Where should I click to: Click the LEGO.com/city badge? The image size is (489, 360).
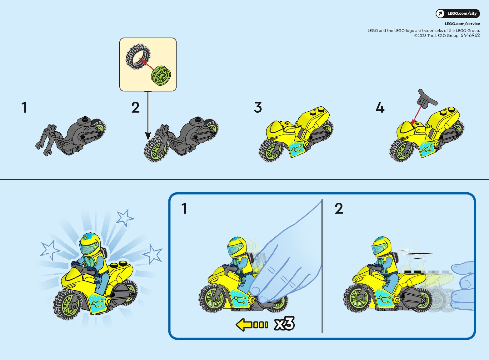pos(457,13)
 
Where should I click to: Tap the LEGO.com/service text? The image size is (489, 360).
pos(462,23)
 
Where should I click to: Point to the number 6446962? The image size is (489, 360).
pos(470,35)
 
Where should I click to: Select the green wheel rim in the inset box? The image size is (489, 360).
pos(161,76)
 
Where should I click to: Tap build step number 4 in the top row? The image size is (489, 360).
pos(380,107)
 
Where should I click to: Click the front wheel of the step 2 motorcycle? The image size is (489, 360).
pos(156,149)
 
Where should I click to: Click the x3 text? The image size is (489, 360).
pos(284,323)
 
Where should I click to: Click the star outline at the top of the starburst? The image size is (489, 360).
pos(124,217)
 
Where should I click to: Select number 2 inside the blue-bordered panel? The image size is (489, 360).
pos(339,208)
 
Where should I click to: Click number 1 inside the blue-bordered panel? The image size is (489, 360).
pos(184,208)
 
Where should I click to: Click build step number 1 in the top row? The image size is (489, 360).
pos(24,107)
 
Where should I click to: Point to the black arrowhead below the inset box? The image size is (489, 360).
pos(148,136)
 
